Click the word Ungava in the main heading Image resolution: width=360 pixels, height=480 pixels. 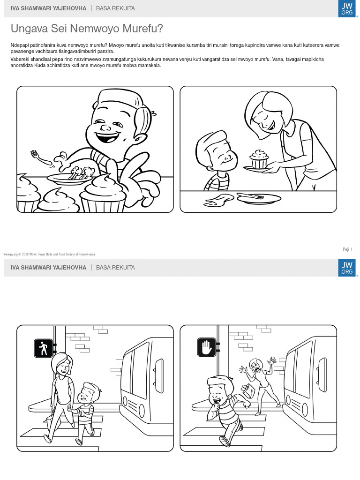coord(28,29)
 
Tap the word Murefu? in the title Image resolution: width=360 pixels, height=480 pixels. coord(142,29)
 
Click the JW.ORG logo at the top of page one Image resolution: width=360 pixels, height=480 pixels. coord(347,8)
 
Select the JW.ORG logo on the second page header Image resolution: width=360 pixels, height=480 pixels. coord(347,268)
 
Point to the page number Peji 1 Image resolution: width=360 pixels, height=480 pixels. coord(348,249)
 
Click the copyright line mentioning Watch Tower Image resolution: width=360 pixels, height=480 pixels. coord(49,255)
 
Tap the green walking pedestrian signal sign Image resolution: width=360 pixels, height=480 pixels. coord(43,348)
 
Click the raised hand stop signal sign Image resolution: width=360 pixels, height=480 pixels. coord(206,348)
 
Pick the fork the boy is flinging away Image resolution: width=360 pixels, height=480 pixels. coord(41,158)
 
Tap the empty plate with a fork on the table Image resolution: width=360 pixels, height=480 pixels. coord(259,198)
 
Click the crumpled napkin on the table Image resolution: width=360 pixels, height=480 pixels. coord(219,200)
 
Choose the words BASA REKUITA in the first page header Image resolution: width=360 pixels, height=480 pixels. coord(115,8)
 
